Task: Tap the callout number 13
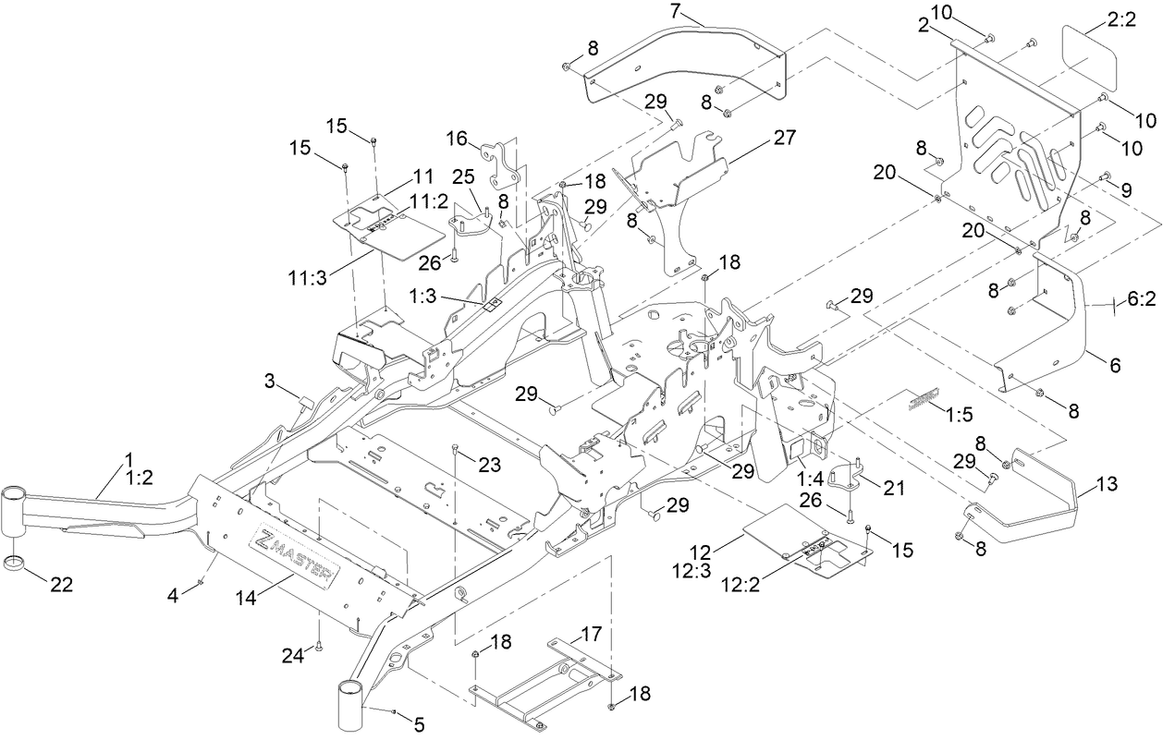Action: click(x=1107, y=484)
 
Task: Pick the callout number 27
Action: click(x=784, y=138)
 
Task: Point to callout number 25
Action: click(x=462, y=175)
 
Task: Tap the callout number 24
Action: click(x=291, y=654)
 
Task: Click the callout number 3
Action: click(x=270, y=380)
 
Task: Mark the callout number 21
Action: click(x=894, y=488)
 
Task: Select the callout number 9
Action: click(x=1127, y=190)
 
